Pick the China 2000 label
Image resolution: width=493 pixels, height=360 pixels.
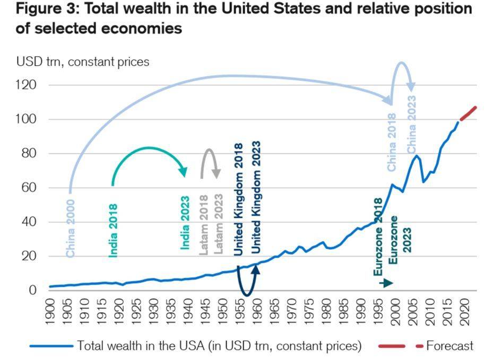71,229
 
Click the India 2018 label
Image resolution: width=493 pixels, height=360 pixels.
113,230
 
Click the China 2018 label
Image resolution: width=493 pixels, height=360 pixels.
392,142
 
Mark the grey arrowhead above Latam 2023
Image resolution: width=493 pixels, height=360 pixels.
217,174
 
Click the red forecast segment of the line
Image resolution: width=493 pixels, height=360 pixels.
468,113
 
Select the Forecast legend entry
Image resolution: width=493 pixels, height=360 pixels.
449,346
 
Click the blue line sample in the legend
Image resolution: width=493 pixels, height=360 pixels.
51,346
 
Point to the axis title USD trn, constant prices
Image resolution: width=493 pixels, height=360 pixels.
83,62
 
